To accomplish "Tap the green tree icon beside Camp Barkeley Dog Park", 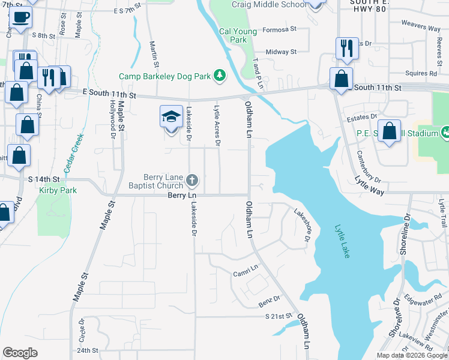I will pos(220,75).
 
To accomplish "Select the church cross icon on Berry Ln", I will pos(192,180).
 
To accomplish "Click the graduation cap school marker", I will pos(171,116).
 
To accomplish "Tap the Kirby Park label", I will pos(51,190).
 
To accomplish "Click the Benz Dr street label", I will pos(270,298).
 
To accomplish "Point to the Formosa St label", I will pos(281,28).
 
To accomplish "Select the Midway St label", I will pos(281,52).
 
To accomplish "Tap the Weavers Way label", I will pos(421,26).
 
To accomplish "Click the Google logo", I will pos(20,353).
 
